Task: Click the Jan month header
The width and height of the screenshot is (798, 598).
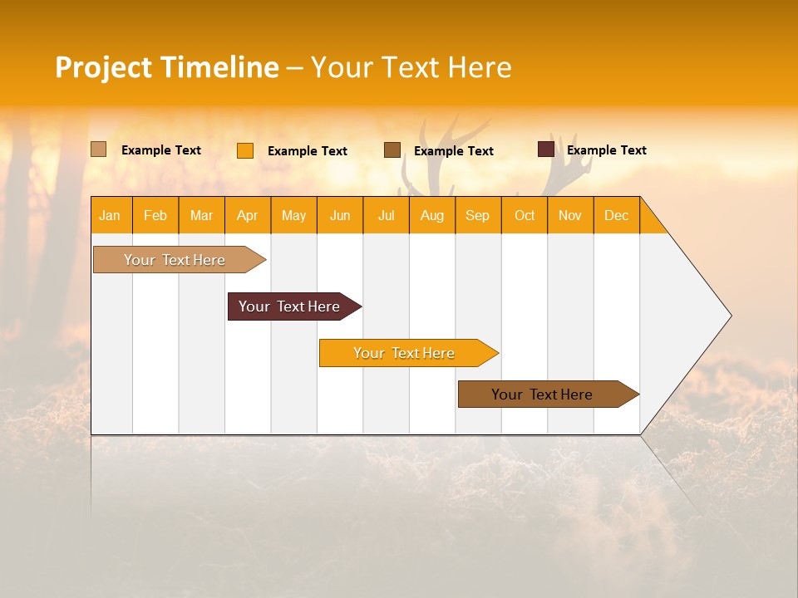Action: coord(110,215)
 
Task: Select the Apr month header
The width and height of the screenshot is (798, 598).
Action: coord(247,215)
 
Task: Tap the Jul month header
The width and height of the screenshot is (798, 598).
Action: coord(386,215)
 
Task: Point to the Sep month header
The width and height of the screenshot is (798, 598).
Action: coord(477,215)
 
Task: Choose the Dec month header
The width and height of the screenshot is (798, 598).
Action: coord(616,215)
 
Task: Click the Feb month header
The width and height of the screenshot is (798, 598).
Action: coord(155,215)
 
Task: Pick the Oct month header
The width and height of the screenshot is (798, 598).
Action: coord(525,215)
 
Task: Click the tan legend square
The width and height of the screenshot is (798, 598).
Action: coord(98,149)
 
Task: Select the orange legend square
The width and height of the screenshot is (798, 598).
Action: coord(245,150)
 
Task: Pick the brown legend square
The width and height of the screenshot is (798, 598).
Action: coord(392,149)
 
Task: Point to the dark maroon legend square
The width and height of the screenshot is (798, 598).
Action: coord(546,149)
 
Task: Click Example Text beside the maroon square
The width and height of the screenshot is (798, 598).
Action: coord(606,150)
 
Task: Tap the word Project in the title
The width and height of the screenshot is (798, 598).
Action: coord(103,67)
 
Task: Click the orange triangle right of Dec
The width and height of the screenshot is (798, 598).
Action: coord(651,222)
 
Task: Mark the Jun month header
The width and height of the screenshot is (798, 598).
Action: coord(340,215)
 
